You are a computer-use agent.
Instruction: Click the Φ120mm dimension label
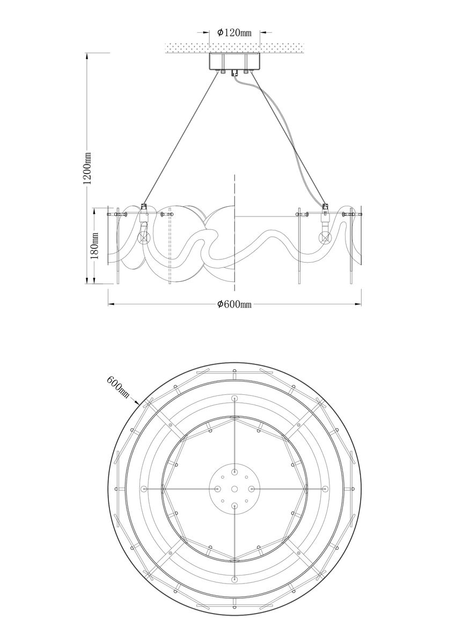tap(234, 33)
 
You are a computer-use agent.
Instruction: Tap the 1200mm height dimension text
tap(87, 168)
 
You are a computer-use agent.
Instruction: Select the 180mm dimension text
tap(94, 246)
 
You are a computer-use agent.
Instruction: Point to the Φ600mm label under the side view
tap(234, 304)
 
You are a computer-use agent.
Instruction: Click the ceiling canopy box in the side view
tap(234, 62)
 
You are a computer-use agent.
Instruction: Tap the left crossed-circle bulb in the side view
tap(143, 238)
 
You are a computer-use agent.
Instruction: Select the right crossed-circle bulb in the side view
tap(325, 237)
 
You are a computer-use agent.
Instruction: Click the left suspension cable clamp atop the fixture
tap(143, 207)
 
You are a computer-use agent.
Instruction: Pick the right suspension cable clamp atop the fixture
tap(325, 207)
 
